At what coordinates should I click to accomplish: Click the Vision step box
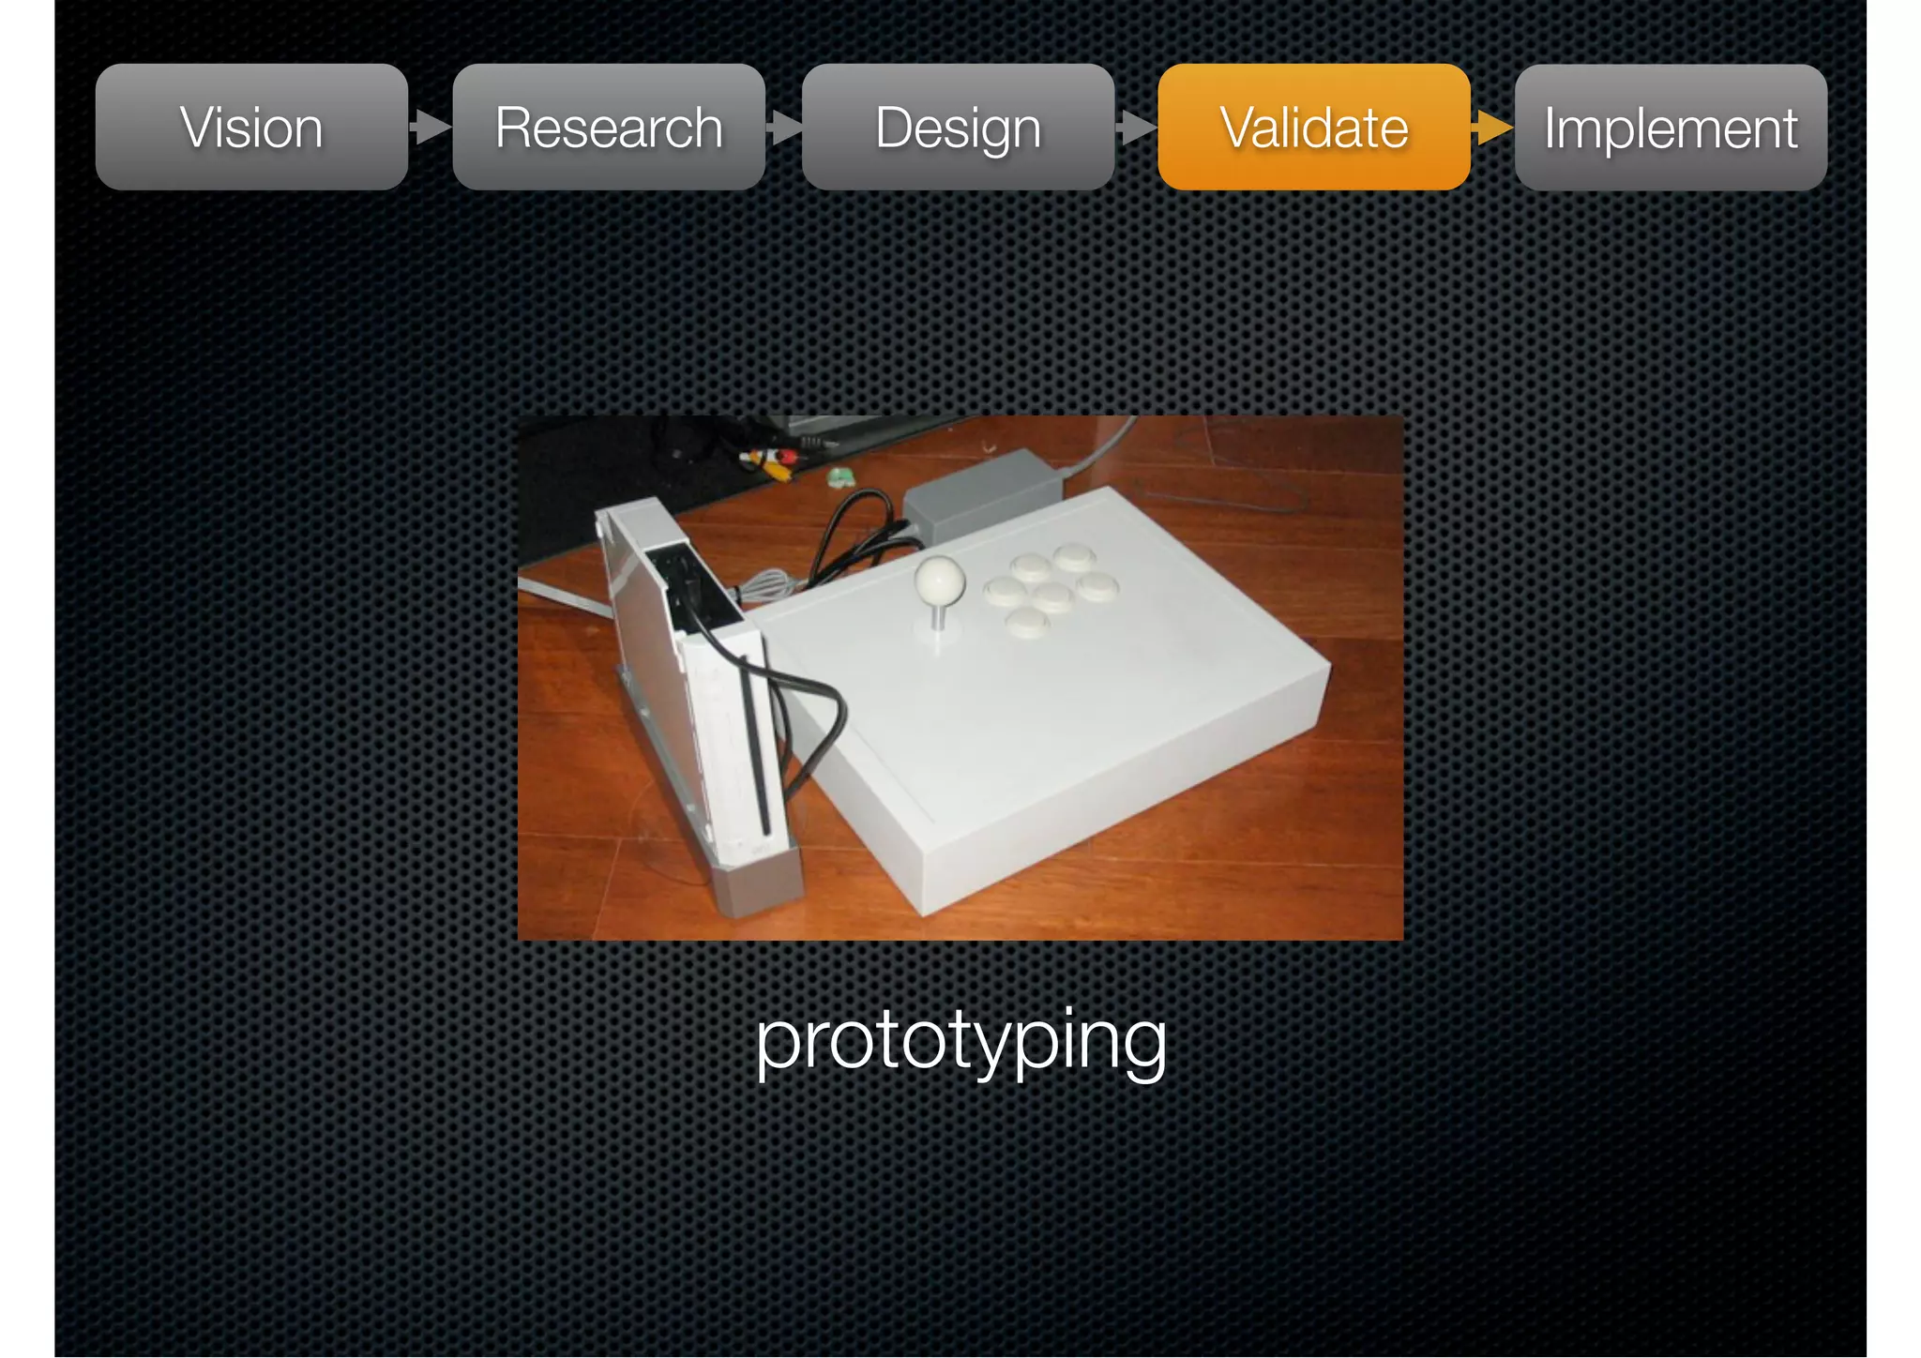[x=251, y=128]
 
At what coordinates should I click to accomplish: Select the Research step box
[x=609, y=128]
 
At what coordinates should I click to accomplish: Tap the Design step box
[x=958, y=128]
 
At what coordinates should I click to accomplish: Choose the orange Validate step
[x=1314, y=128]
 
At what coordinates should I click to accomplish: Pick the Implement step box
[x=1671, y=128]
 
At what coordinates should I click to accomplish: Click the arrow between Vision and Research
[x=431, y=127]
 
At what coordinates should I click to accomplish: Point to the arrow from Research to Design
[x=784, y=127]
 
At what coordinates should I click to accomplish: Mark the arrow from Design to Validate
[x=1137, y=127]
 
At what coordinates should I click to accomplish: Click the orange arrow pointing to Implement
[x=1492, y=127]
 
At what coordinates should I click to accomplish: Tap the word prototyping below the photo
[x=960, y=1041]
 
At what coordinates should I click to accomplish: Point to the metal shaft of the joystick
[x=937, y=618]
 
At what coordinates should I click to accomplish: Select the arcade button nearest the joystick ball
[x=1004, y=592]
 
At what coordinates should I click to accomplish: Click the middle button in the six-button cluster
[x=1051, y=596]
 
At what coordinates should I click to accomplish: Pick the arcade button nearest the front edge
[x=1027, y=621]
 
